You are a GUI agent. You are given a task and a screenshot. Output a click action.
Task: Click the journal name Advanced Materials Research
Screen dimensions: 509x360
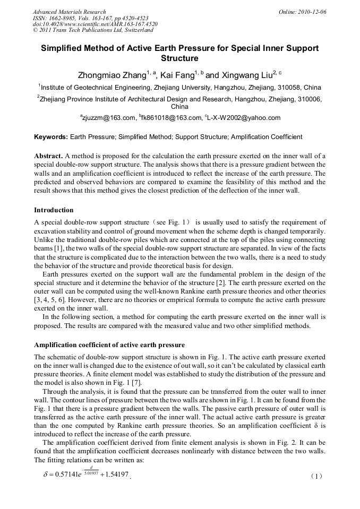click(x=69, y=12)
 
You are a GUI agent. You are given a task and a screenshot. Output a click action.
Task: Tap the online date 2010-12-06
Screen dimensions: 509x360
click(x=312, y=12)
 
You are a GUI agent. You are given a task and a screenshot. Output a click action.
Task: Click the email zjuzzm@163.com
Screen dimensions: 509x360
click(x=107, y=118)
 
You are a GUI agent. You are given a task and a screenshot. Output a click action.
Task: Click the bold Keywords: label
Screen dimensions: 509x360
click(x=51, y=137)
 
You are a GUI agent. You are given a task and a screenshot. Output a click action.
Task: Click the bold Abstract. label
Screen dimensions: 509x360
click(x=48, y=156)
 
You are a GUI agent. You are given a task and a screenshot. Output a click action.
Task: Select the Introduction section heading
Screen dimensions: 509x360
click(x=54, y=210)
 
